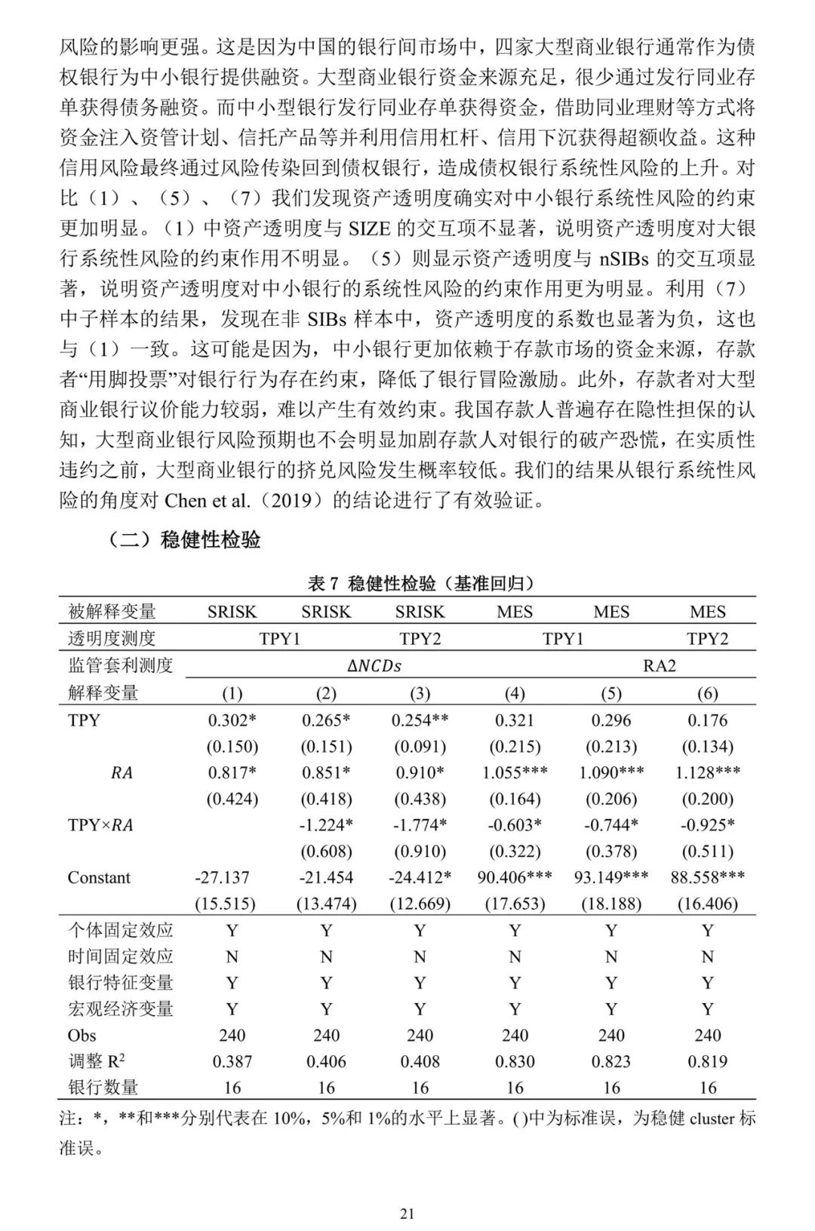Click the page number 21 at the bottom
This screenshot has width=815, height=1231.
pos(407,1214)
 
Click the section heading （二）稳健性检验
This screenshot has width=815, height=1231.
pos(185,540)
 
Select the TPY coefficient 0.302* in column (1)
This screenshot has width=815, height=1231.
pos(232,720)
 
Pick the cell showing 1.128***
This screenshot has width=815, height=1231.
pos(707,772)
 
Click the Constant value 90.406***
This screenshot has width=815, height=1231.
pos(515,877)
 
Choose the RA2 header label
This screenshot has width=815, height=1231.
pos(659,665)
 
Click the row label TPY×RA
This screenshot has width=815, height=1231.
pos(100,825)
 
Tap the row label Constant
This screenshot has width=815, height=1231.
pos(99,877)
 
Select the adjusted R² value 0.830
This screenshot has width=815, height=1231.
pos(515,1061)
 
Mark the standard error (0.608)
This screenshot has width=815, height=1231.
pos(326,852)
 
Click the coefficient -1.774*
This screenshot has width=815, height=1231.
pos(420,825)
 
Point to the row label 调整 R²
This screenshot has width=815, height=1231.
pos(96,1061)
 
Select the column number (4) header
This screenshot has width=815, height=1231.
pos(515,693)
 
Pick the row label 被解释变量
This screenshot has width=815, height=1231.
pos(112,612)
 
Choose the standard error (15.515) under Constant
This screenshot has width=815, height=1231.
pos(232,904)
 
